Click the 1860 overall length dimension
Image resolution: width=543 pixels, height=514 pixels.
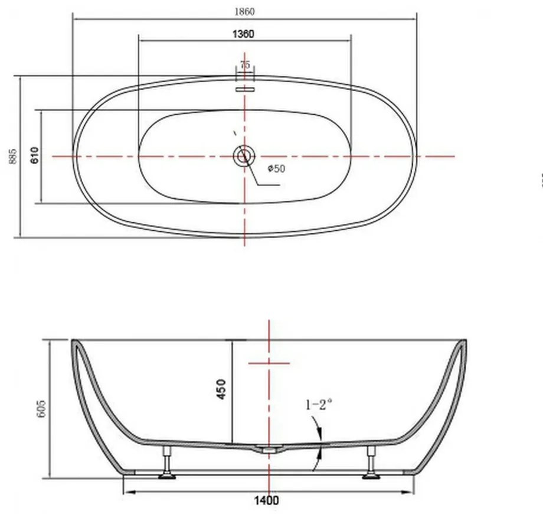coord(244,11)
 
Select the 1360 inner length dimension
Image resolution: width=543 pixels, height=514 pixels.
coord(243,34)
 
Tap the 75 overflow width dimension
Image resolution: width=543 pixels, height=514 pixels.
coord(244,64)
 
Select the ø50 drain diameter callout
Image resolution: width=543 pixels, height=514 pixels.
coord(276,169)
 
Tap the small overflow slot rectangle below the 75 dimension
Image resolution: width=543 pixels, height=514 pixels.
coord(244,89)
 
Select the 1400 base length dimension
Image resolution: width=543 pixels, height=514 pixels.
coord(266,500)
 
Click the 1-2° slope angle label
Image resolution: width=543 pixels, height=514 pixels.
coord(319,405)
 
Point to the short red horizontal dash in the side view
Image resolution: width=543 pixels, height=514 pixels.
coord(269,363)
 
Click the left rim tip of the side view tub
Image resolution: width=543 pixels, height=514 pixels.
coord(74,342)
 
